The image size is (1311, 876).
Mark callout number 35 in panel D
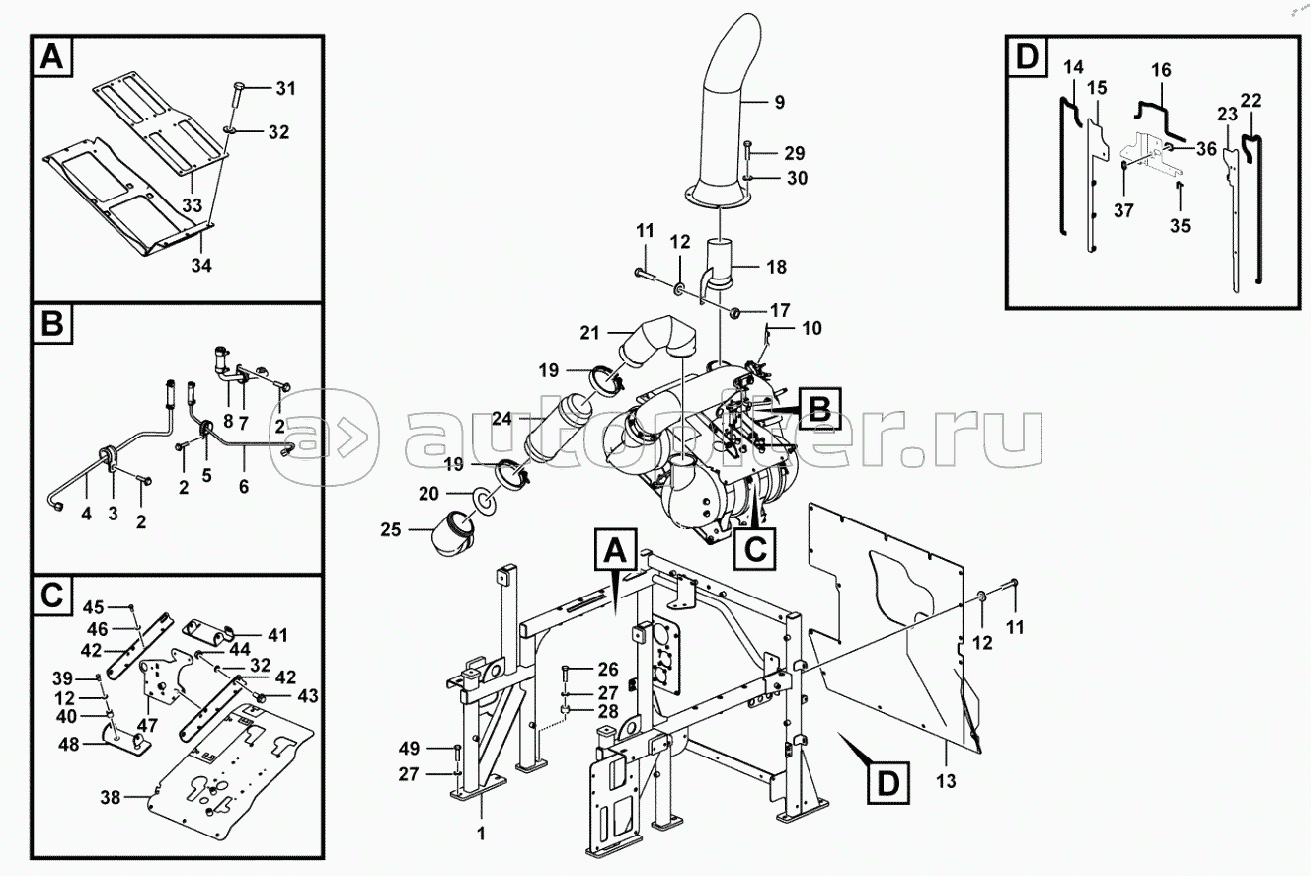(1181, 225)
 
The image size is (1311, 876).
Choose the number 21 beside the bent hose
(589, 333)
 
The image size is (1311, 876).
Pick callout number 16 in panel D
(1161, 69)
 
